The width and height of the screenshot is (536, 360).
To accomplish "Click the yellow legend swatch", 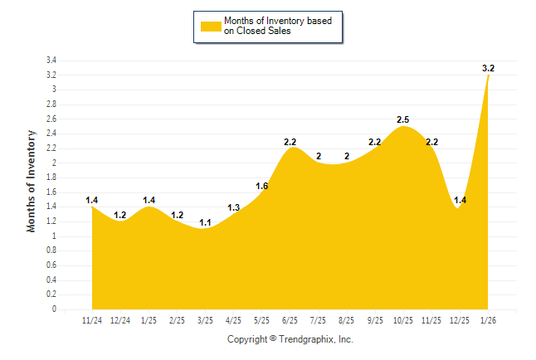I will pyautogui.click(x=210, y=26).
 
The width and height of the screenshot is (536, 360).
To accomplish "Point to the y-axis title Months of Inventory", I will pyautogui.click(x=32, y=180).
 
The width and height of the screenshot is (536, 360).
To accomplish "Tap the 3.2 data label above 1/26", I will pyautogui.click(x=489, y=68).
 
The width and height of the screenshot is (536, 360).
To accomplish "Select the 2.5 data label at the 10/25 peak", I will pyautogui.click(x=403, y=119).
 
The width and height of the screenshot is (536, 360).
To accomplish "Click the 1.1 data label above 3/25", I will pyautogui.click(x=205, y=222).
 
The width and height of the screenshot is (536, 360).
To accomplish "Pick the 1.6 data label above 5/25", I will pyautogui.click(x=261, y=186).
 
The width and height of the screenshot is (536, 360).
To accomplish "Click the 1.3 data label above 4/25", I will pyautogui.click(x=233, y=207).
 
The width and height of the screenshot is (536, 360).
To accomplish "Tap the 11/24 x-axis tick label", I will pyautogui.click(x=92, y=319).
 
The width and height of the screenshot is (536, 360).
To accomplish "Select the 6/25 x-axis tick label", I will pyautogui.click(x=290, y=319).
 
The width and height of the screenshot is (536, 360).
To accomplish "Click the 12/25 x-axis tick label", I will pyautogui.click(x=460, y=319).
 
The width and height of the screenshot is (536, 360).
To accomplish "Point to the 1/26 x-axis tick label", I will pyautogui.click(x=488, y=319).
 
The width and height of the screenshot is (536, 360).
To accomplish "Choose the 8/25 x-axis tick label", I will pyautogui.click(x=347, y=319).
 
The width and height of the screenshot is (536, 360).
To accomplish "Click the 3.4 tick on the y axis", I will pyautogui.click(x=51, y=61).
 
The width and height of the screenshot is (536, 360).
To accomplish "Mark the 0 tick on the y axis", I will pyautogui.click(x=54, y=309).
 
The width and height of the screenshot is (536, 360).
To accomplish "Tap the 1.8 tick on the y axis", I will pyautogui.click(x=51, y=178).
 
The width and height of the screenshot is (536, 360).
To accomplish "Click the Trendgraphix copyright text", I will pyautogui.click(x=290, y=339).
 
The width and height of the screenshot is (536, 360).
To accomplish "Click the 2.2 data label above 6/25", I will pyautogui.click(x=290, y=142).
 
